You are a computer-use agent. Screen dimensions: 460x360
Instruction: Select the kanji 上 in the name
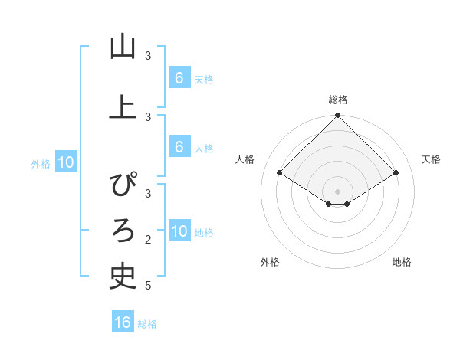[123, 106]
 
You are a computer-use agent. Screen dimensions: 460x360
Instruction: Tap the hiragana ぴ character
[123, 184]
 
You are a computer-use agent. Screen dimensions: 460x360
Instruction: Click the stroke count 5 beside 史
[148, 286]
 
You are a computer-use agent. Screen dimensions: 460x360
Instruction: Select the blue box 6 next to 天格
[179, 77]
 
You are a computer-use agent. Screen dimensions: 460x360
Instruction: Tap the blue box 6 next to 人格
[179, 146]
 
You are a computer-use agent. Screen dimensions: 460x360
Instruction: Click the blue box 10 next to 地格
[179, 231]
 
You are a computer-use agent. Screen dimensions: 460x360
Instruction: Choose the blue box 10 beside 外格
[66, 162]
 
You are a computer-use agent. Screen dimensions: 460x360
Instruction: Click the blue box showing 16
[123, 322]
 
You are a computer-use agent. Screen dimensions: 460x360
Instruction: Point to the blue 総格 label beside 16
[147, 324]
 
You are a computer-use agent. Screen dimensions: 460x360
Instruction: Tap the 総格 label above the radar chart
[337, 100]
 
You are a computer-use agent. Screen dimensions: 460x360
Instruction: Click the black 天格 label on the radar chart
[431, 159]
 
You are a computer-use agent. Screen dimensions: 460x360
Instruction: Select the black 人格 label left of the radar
[245, 159]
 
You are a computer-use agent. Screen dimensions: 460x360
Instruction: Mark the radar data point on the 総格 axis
[337, 116]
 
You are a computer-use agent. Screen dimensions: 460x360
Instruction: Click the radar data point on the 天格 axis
[396, 173]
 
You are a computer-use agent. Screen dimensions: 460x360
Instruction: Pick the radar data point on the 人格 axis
[279, 173]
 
